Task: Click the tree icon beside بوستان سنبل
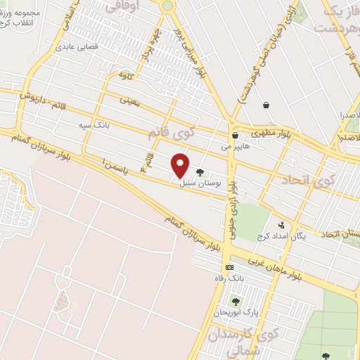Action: (x=200, y=171)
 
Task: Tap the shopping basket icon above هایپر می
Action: (x=235, y=136)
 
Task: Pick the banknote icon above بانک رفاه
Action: (x=229, y=267)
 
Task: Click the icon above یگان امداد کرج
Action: (x=282, y=226)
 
